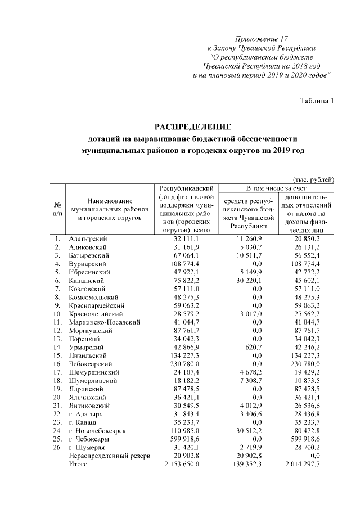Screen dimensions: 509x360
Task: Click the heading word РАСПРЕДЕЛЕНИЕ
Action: (193, 126)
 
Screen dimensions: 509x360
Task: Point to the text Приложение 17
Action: (261, 39)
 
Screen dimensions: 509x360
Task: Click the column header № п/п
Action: (57, 209)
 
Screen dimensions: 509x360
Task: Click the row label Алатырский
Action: (87, 240)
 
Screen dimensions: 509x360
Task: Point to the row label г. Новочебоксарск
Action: (97, 431)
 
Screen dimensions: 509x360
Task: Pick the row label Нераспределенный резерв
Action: (109, 456)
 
